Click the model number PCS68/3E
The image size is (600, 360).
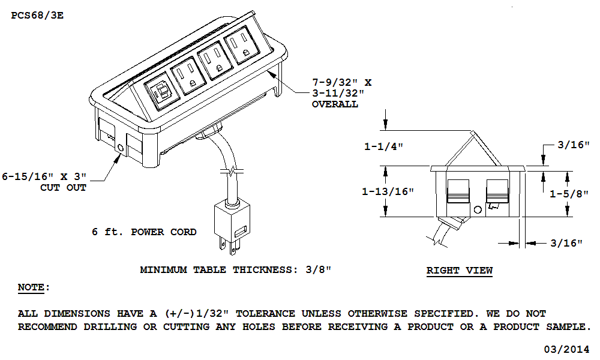tap(37, 15)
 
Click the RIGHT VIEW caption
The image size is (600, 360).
tap(459, 270)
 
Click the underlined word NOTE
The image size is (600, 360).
tap(32, 287)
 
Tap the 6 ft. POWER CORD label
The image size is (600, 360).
tap(144, 232)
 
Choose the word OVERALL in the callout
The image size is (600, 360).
tap(335, 104)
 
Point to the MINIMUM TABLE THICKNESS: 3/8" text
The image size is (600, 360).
tap(236, 270)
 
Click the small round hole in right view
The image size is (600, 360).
tap(477, 210)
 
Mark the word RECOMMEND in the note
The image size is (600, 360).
tap(45, 327)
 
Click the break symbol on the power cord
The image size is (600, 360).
tap(232, 171)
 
